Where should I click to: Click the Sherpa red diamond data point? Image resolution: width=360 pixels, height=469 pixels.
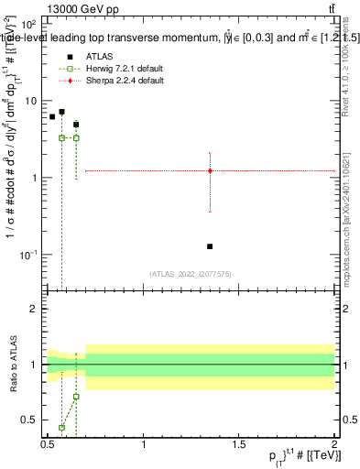(211, 170)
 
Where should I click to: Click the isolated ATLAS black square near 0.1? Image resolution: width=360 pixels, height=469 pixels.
(211, 246)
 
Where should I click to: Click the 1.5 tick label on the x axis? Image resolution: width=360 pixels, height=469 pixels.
(238, 444)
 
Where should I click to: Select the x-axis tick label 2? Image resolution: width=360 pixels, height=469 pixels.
(333, 444)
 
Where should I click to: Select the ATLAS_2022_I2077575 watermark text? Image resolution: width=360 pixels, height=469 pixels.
(190, 273)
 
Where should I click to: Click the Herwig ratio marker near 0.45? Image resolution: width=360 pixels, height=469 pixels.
(61, 427)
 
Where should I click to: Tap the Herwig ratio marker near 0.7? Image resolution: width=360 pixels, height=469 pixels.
(76, 397)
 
